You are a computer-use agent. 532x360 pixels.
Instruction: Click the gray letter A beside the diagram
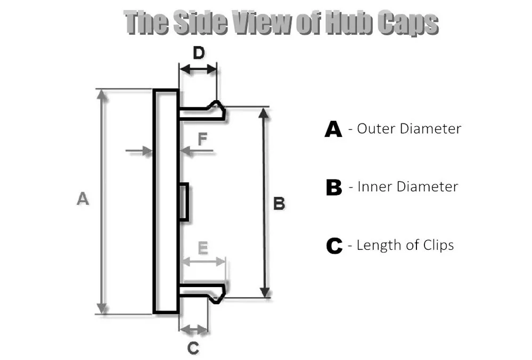click(x=83, y=199)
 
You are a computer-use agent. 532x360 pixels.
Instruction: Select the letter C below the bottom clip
click(x=193, y=348)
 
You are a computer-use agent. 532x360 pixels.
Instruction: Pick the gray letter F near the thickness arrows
click(x=202, y=140)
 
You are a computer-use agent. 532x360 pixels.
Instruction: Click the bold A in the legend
click(x=333, y=129)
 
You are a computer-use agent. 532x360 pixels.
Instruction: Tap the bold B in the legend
click(x=333, y=187)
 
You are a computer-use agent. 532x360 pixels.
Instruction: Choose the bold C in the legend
click(x=333, y=246)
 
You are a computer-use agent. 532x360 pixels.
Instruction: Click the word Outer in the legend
click(x=376, y=128)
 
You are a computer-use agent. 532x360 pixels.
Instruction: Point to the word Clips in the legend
click(x=435, y=245)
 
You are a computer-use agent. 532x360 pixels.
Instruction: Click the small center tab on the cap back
click(x=183, y=201)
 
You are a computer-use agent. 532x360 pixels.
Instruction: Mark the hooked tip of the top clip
click(x=218, y=109)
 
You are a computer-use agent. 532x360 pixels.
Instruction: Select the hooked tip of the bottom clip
click(x=218, y=294)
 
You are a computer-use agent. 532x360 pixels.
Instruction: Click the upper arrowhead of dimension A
click(x=102, y=94)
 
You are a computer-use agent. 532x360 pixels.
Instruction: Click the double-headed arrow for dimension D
click(x=198, y=68)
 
